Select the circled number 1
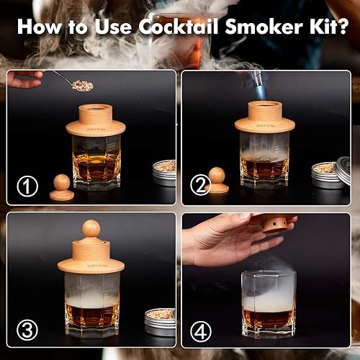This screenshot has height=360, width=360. click(x=27, y=187)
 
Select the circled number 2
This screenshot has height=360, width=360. click(x=199, y=187)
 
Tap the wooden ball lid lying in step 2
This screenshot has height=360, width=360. click(x=216, y=180)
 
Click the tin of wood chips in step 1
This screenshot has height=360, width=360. click(x=164, y=173)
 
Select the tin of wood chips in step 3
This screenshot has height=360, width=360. click(x=160, y=320)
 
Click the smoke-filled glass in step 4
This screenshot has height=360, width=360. click(x=266, y=302)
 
